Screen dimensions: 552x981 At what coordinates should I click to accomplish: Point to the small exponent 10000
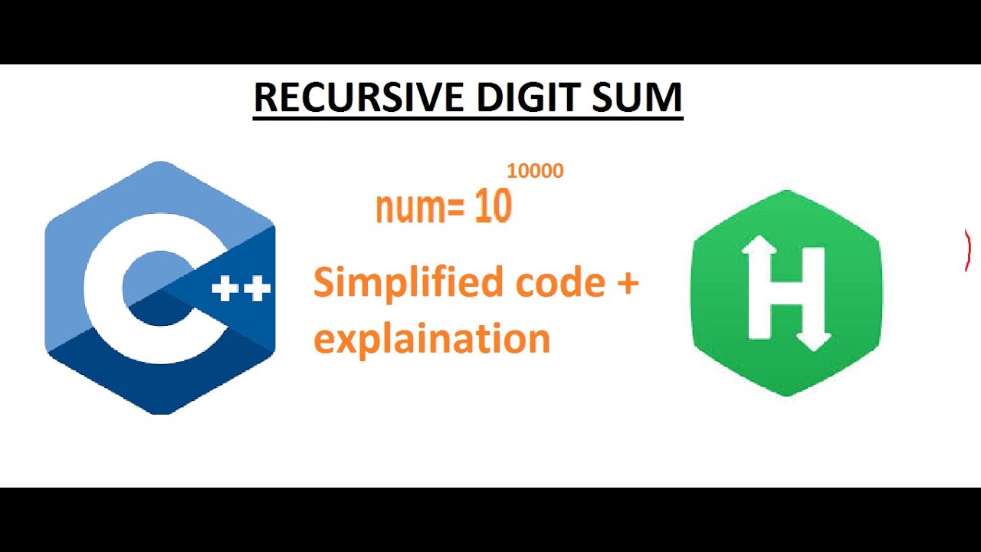click(x=535, y=171)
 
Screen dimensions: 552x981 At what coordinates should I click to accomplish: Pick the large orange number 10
click(x=493, y=208)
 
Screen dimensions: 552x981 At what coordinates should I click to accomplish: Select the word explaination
click(x=431, y=337)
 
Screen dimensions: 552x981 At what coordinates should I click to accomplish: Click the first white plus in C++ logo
click(x=225, y=289)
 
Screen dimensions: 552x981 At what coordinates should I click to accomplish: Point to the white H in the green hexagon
click(x=786, y=293)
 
